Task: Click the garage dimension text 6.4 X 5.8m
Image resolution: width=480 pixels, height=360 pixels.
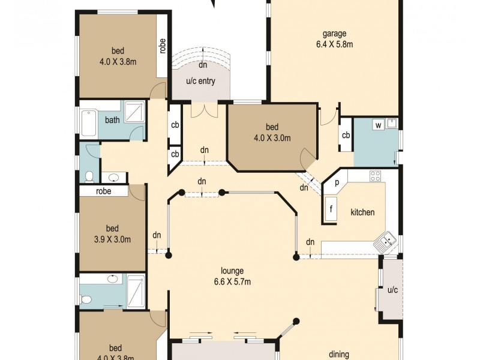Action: pyautogui.click(x=334, y=44)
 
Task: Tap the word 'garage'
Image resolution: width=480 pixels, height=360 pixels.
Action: pyautogui.click(x=334, y=34)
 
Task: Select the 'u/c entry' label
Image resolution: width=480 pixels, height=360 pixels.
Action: pyautogui.click(x=200, y=82)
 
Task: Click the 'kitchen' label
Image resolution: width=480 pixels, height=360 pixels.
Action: pyautogui.click(x=362, y=212)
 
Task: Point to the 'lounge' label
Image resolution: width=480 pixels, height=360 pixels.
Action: pyautogui.click(x=232, y=271)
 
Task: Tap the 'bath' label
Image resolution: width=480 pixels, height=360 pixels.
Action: pyautogui.click(x=112, y=120)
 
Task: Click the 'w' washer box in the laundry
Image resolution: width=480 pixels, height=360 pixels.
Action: pyautogui.click(x=379, y=125)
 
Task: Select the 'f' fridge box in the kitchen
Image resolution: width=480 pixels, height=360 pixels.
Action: pyautogui.click(x=331, y=210)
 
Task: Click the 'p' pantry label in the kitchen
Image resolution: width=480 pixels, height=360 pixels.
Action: pyautogui.click(x=337, y=183)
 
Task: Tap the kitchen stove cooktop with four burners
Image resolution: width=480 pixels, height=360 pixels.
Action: pyautogui.click(x=375, y=176)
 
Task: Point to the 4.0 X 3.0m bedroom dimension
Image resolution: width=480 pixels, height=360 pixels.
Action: pyautogui.click(x=272, y=137)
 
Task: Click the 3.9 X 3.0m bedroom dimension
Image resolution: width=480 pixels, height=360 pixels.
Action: pyautogui.click(x=113, y=239)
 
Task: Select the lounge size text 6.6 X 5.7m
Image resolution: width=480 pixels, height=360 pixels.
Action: pyautogui.click(x=232, y=281)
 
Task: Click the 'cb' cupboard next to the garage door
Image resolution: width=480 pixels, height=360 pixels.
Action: pyautogui.click(x=346, y=134)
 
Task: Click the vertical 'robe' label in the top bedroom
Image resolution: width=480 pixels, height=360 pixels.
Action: pyautogui.click(x=163, y=46)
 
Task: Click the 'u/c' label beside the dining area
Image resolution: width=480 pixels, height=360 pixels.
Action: pyautogui.click(x=392, y=290)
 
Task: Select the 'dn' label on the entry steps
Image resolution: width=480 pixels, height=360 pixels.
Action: pyautogui.click(x=203, y=65)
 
